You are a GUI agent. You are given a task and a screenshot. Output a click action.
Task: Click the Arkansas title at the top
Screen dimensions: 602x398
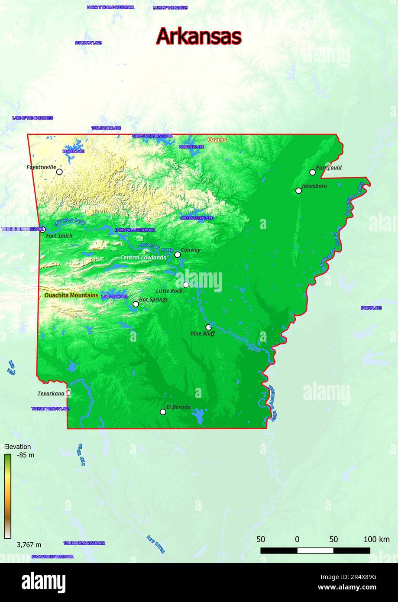click(x=198, y=36)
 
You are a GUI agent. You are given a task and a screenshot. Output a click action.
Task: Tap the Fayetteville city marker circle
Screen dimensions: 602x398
click(x=59, y=172)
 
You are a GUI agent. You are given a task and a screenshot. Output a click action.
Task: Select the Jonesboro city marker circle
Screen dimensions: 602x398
click(x=298, y=191)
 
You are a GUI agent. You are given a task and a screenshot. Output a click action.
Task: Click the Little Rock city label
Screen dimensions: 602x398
click(x=169, y=291)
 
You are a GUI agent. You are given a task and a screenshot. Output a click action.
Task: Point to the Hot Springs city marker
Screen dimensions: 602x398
click(x=136, y=304)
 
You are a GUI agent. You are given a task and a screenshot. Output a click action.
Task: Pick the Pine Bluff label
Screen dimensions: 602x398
click(x=203, y=334)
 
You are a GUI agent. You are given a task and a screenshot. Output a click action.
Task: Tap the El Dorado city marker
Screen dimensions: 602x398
click(x=163, y=412)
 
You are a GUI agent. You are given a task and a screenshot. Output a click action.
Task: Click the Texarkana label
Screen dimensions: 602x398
click(x=51, y=394)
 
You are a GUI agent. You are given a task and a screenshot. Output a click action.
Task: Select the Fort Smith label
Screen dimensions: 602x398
click(x=59, y=236)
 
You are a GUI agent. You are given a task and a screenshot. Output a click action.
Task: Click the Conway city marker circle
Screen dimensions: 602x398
click(x=178, y=255)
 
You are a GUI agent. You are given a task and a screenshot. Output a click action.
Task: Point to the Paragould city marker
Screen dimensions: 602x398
click(x=313, y=172)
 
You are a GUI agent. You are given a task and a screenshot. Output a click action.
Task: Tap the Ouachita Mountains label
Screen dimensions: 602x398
click(x=71, y=295)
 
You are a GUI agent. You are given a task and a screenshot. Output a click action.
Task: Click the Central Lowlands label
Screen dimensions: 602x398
click(x=143, y=258)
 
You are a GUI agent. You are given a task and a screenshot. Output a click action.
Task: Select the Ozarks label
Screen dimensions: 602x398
click(x=217, y=140)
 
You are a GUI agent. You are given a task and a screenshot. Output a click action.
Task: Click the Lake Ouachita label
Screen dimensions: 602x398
click(x=114, y=297)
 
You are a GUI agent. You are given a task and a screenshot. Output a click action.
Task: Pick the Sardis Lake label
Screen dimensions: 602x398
click(x=371, y=308)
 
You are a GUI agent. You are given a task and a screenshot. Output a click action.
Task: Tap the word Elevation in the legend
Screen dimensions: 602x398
click(x=18, y=447)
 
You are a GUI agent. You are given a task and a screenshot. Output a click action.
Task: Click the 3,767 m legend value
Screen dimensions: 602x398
click(x=29, y=545)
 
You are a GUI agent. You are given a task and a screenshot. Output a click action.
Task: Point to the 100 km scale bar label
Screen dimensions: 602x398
click(x=376, y=540)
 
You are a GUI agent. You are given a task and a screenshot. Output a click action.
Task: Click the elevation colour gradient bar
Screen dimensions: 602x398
click(x=8, y=496)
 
